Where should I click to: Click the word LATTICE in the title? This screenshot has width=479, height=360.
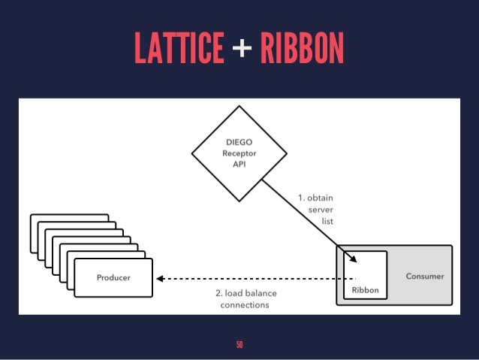[x=178, y=49]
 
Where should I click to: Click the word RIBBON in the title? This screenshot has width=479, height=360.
[x=301, y=49]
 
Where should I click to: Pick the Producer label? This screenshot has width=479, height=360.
[x=113, y=277]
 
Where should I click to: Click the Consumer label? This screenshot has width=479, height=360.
[x=425, y=276]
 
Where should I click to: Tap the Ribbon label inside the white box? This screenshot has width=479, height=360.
[x=366, y=289]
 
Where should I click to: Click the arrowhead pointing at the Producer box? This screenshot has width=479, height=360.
[x=159, y=278]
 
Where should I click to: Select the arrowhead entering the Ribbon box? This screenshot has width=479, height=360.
[x=353, y=260]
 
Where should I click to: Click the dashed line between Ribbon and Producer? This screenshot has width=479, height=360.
[x=255, y=278]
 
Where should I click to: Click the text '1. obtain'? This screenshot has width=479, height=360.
[x=315, y=198]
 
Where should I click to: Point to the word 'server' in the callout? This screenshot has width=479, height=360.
[x=321, y=210]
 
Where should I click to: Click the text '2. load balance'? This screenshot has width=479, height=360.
[x=245, y=293]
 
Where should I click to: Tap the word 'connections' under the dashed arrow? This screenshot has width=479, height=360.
[x=245, y=305]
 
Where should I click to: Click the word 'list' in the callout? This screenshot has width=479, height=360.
[x=327, y=222]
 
